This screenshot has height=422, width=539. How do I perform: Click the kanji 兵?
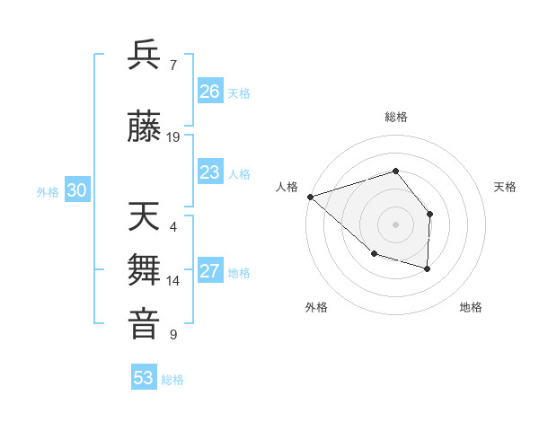(145, 55)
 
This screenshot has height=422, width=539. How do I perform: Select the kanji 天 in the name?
(145, 216)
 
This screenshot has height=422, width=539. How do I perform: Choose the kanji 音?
(145, 324)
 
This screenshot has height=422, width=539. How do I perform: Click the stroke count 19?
(173, 137)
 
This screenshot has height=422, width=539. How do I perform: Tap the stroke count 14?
(173, 281)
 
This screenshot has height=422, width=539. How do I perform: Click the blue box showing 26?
(209, 92)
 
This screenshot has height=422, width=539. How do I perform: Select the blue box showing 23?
(209, 172)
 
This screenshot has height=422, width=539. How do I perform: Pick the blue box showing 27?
(209, 271)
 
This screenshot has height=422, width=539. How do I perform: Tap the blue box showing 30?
(76, 190)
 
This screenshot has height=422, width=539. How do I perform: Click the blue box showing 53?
(144, 378)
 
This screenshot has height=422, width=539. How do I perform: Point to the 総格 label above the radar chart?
(395, 117)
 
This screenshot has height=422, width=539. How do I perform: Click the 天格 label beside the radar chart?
(506, 187)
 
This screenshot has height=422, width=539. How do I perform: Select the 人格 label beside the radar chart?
(287, 187)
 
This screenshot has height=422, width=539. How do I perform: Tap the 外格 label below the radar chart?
(316, 307)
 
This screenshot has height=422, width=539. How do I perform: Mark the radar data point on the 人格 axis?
(310, 197)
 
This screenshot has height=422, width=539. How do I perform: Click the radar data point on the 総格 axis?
(395, 171)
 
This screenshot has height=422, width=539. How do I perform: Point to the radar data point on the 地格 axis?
(428, 268)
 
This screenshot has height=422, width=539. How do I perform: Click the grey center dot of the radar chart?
(395, 224)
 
